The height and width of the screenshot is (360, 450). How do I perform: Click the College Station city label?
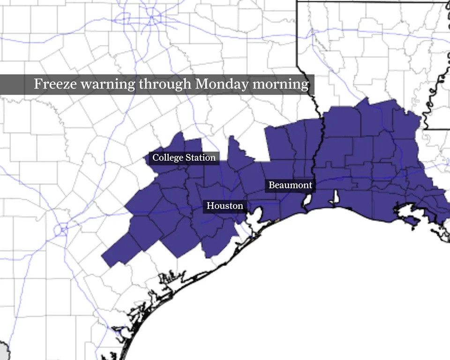pos(184,157)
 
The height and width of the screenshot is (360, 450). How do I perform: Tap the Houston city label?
pos(225,206)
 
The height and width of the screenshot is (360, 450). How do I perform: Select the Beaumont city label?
pos(290,185)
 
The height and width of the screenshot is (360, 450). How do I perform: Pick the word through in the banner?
pos(165,84)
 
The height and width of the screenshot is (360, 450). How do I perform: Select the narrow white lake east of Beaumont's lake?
pos(335,197)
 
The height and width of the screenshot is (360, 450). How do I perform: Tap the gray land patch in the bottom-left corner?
pos(4,352)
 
